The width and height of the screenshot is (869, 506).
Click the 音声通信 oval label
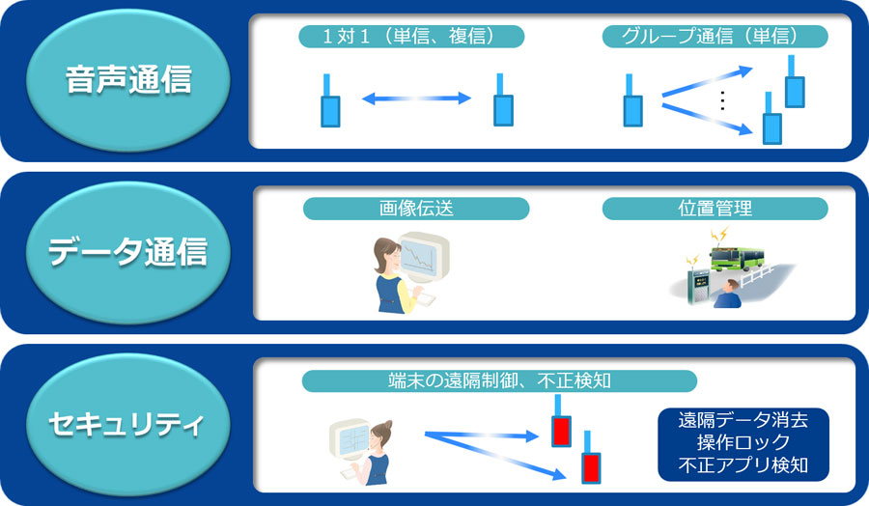click(128, 80)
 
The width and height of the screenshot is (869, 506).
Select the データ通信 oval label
click(128, 252)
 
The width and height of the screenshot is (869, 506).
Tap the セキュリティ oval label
click(128, 425)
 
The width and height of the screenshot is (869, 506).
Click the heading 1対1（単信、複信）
click(411, 37)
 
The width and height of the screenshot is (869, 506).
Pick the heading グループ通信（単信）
click(715, 37)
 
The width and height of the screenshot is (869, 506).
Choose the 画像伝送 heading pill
click(416, 209)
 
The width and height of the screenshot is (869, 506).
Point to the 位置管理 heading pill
click(715, 209)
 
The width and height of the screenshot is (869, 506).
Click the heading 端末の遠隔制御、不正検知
click(499, 380)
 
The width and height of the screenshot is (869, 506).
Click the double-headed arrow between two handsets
click(416, 98)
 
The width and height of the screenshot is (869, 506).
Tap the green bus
click(737, 259)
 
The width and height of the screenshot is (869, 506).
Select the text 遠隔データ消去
click(743, 420)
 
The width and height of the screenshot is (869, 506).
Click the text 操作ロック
click(743, 442)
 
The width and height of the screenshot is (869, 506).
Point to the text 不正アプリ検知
click(743, 465)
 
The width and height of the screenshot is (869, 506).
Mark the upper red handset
click(561, 421)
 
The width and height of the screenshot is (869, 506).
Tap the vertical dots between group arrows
click(722, 100)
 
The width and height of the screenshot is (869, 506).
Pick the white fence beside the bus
click(757, 274)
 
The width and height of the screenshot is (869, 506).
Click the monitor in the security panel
click(350, 440)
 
